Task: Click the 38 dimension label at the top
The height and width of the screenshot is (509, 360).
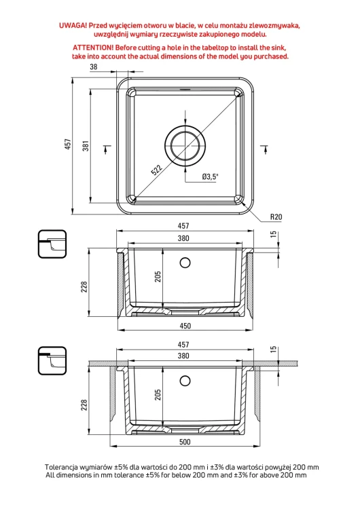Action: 94,67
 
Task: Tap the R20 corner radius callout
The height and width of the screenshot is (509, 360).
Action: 276,217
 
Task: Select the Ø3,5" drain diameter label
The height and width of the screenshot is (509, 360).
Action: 210,176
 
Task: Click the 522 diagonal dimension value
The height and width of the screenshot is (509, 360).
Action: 157,170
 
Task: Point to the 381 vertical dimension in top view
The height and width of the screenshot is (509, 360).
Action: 86,146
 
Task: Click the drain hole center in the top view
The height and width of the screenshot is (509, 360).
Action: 185,144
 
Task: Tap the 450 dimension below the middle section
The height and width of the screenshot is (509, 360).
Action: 185,326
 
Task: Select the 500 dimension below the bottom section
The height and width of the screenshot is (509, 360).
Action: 185,442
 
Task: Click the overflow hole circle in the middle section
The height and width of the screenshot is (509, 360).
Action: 185,263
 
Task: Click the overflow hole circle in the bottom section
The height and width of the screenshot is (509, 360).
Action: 185,381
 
